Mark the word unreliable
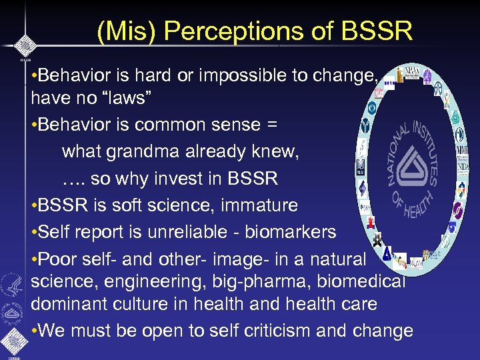coord(221,231)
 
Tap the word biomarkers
coord(299,231)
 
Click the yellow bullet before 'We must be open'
coord(35,331)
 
